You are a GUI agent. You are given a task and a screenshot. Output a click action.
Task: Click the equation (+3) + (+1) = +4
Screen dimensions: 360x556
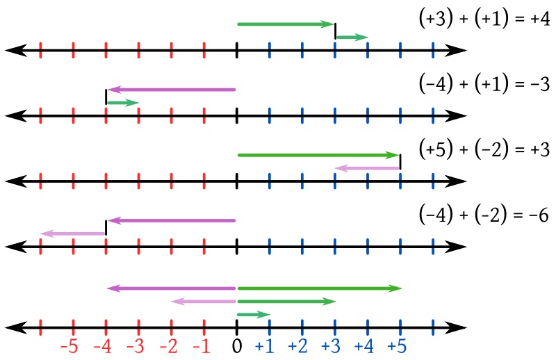(484, 19)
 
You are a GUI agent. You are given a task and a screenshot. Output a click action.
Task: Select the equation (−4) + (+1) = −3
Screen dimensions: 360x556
(484, 84)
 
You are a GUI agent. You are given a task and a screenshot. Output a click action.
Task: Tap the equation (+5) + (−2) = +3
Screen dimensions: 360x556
(484, 149)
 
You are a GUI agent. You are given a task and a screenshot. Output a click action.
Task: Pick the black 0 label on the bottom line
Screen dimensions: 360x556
(236, 346)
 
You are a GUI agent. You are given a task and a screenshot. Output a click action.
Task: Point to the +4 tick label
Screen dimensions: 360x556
(364, 346)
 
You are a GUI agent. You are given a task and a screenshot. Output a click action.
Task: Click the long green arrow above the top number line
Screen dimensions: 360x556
(286, 24)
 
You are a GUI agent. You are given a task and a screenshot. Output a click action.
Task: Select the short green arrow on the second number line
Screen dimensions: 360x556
(122, 103)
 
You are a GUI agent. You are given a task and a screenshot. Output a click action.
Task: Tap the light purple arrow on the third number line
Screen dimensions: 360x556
(367, 167)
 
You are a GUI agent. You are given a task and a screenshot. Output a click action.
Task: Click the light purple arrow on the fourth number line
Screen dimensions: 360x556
(73, 234)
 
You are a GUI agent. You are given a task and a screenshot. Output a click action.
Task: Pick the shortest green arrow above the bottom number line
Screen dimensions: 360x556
(253, 315)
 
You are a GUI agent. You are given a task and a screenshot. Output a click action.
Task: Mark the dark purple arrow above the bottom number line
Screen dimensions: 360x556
(172, 288)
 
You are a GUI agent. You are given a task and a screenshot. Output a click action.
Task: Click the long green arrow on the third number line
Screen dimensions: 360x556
(318, 155)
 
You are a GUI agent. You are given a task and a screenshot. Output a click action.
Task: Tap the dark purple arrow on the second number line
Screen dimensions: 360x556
(172, 90)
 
